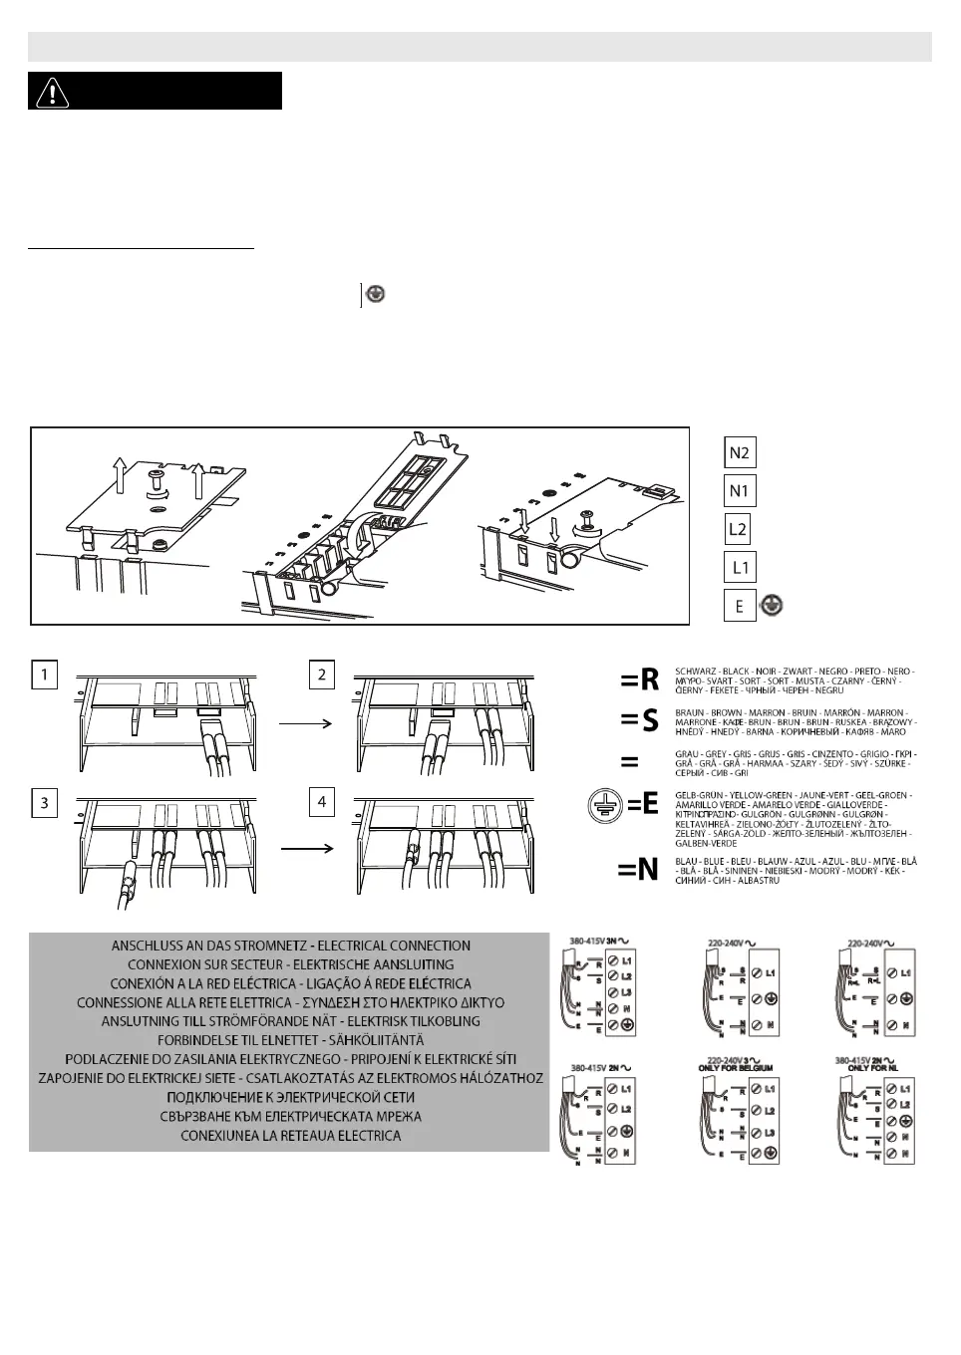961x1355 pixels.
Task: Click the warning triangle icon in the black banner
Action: (x=52, y=92)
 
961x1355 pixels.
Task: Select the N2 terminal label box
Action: (x=740, y=452)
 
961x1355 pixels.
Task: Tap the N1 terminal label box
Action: (x=740, y=491)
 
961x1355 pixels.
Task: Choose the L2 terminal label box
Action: (x=738, y=529)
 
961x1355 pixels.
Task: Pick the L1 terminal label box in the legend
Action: (x=740, y=568)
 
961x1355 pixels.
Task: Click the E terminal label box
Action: (x=740, y=606)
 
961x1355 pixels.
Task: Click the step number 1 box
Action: (x=44, y=675)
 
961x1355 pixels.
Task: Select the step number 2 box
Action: (x=321, y=675)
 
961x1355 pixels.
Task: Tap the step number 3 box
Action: (x=44, y=803)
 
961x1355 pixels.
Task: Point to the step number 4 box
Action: (x=321, y=802)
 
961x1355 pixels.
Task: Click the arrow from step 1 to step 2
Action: (x=305, y=724)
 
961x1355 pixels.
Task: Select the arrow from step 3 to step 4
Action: (x=305, y=849)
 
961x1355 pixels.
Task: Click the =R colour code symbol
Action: (x=640, y=679)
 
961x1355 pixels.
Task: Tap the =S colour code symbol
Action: (x=640, y=720)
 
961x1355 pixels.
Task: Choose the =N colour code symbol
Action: (x=638, y=870)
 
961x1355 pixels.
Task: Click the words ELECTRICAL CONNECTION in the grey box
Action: (x=402, y=946)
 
